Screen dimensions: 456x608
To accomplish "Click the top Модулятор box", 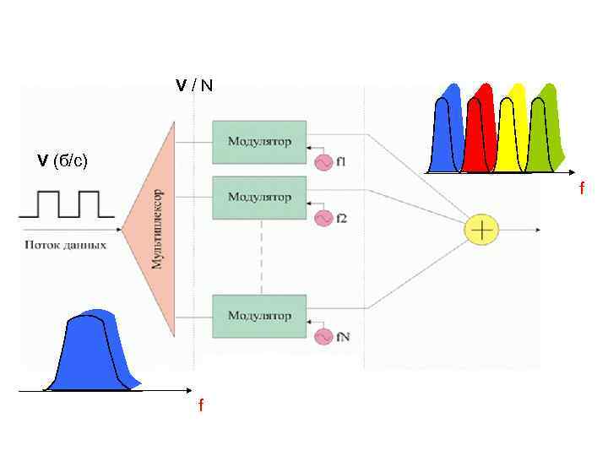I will pos(259,141).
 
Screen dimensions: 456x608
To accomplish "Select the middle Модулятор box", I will pos(259,197).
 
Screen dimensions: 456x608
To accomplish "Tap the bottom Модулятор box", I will pos(259,316).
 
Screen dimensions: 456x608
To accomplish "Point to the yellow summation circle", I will pos(481,229).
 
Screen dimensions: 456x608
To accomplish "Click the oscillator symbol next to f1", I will pos(323,162).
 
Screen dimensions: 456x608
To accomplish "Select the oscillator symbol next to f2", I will pos(323,218).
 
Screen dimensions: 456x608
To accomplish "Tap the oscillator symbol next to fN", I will pos(323,337).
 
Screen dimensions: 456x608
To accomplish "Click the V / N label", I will pos(194,85).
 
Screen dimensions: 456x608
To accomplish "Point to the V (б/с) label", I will pos(63,160).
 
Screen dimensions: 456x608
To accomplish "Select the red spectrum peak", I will pos(482,127).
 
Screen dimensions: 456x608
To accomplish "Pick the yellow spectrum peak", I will pos(510,131).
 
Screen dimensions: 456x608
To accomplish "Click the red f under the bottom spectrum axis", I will pos(200,407).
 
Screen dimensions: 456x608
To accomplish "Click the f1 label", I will pos(340,162).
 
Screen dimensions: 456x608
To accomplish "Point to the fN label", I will pos(343,337).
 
